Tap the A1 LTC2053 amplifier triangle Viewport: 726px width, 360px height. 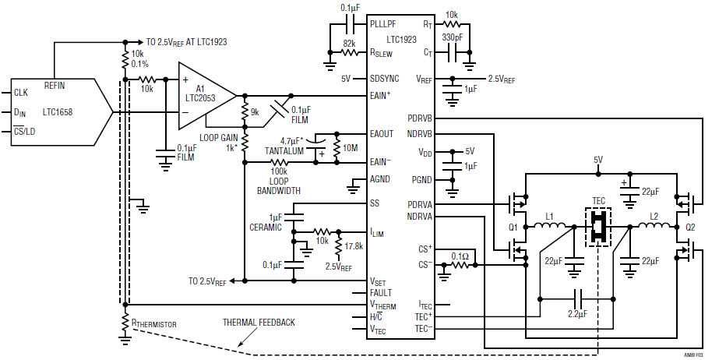click(204, 96)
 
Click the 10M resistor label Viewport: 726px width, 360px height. click(350, 148)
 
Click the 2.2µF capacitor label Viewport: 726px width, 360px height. click(576, 315)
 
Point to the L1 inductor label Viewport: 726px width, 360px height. click(550, 215)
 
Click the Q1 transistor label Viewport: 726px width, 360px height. click(514, 228)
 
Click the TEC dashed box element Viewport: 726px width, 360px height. click(598, 226)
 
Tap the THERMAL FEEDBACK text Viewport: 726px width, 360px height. click(259, 321)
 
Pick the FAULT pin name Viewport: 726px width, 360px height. click(380, 292)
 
